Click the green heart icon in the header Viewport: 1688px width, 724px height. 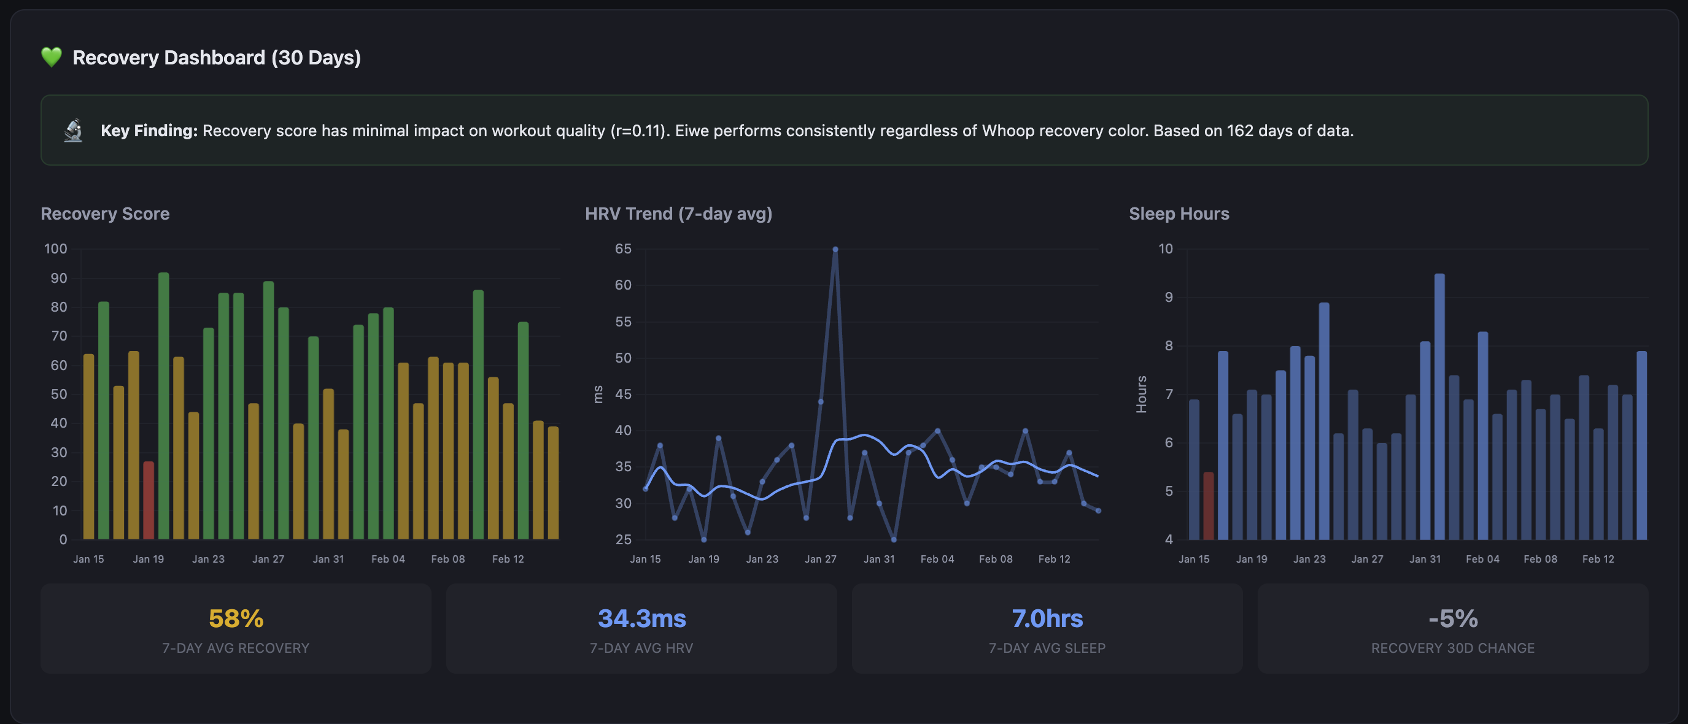tap(51, 57)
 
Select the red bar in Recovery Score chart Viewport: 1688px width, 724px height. tap(149, 501)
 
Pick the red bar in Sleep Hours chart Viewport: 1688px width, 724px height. tap(1209, 506)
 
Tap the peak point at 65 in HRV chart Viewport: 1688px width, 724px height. tap(835, 250)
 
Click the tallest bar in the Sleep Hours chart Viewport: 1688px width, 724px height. tap(1439, 406)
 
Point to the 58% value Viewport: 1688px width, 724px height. tap(236, 618)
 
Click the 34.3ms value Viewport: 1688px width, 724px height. tap(641, 618)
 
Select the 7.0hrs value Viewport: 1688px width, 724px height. tap(1047, 618)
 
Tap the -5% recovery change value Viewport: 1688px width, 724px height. tap(1452, 618)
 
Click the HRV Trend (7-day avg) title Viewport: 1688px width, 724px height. tap(678, 214)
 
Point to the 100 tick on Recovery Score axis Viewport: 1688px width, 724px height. tap(56, 249)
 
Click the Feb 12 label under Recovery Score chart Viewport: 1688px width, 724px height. tap(508, 559)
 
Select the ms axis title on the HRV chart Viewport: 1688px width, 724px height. tap(598, 395)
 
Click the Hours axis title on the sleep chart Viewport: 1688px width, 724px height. tap(1141, 395)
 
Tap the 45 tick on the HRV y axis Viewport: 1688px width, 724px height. tap(622, 395)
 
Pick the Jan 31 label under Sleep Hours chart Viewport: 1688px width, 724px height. tap(1425, 559)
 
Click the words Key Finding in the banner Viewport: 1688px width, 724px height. tap(149, 131)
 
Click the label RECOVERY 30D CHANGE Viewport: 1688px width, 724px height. tap(1452, 648)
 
